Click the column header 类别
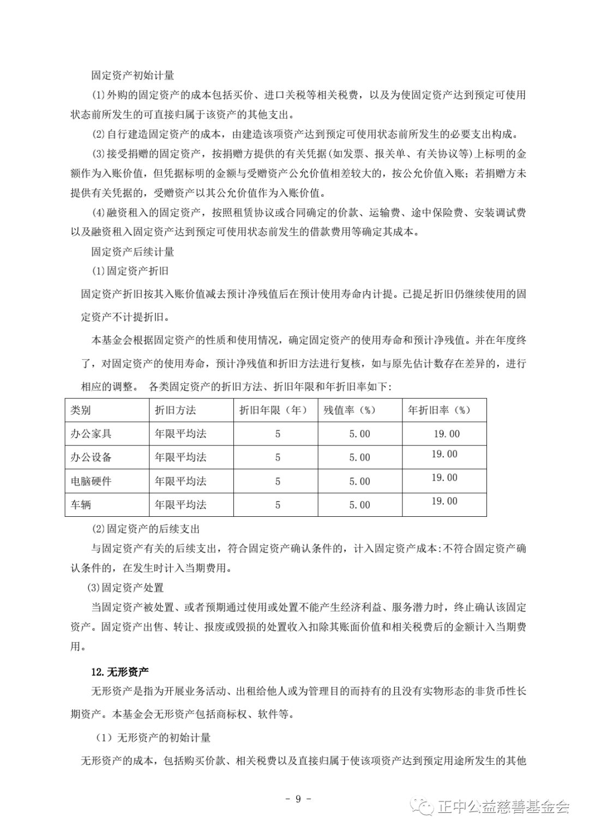(x=81, y=410)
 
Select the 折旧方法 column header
(x=175, y=410)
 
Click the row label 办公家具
(x=91, y=434)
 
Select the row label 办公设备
(x=91, y=457)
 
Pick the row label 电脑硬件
(x=91, y=481)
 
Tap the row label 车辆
(x=81, y=505)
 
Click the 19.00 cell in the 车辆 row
(x=444, y=502)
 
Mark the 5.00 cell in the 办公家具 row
(x=359, y=434)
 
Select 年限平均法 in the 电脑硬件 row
(x=181, y=481)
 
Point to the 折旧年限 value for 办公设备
(x=278, y=457)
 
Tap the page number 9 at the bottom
(x=298, y=799)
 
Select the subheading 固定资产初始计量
(x=133, y=75)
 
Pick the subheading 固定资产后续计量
(x=133, y=251)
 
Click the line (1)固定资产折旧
(x=130, y=271)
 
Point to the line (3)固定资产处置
(x=125, y=588)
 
